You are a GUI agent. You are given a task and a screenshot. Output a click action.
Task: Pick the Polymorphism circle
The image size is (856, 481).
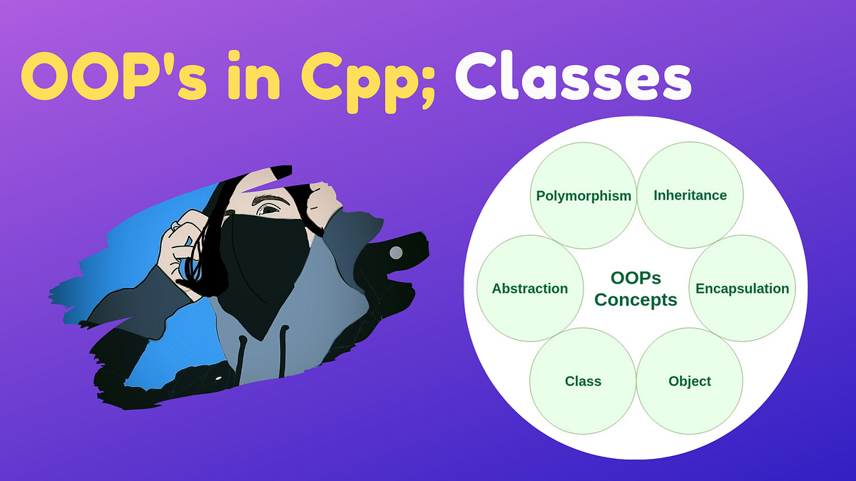point(584,195)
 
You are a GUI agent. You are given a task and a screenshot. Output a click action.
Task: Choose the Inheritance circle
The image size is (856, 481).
point(690,195)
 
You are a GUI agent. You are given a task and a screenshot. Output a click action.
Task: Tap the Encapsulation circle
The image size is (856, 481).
point(742,289)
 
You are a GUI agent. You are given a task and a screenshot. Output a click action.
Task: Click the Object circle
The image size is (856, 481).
point(690,381)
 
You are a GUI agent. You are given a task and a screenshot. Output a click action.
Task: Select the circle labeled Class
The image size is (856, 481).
point(583,381)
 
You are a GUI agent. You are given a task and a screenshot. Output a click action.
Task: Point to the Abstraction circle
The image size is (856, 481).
point(530,289)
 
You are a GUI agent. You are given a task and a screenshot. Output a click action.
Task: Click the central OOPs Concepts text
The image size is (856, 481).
point(636,289)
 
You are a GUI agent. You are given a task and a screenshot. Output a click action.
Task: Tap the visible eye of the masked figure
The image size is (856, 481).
point(269,209)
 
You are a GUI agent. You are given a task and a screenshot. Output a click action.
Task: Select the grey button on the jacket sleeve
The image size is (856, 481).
point(395,252)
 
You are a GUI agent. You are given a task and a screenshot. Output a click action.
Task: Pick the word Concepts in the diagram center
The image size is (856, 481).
point(636,299)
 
